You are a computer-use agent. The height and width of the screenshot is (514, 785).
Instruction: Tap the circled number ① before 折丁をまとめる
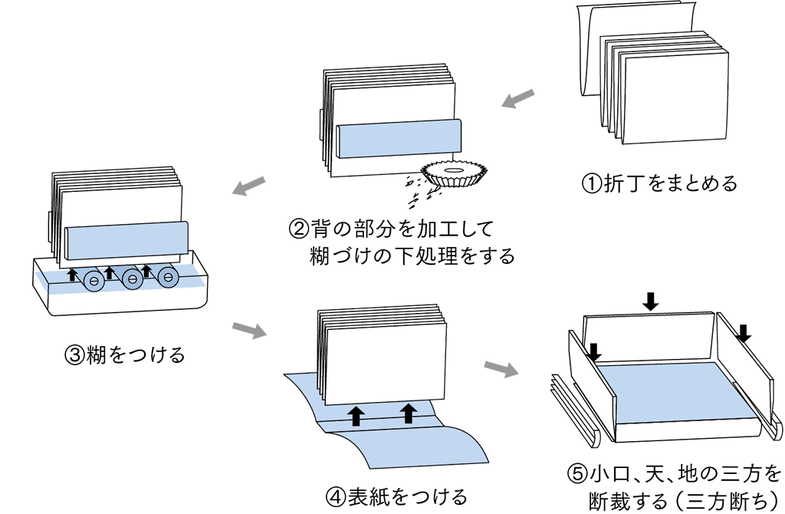point(593,183)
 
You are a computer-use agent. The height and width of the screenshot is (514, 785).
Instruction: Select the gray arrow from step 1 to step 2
point(518,98)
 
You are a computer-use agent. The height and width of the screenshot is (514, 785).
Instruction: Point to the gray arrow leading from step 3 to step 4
point(249,331)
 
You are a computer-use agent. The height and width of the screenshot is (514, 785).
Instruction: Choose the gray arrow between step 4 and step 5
point(502,368)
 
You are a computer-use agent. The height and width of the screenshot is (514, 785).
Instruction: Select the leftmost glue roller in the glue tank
point(95,281)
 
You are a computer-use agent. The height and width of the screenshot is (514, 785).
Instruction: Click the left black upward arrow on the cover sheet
point(356,415)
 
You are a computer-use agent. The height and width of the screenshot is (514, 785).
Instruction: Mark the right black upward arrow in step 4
point(409,413)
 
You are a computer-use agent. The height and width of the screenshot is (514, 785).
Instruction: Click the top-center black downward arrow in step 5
point(651,301)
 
